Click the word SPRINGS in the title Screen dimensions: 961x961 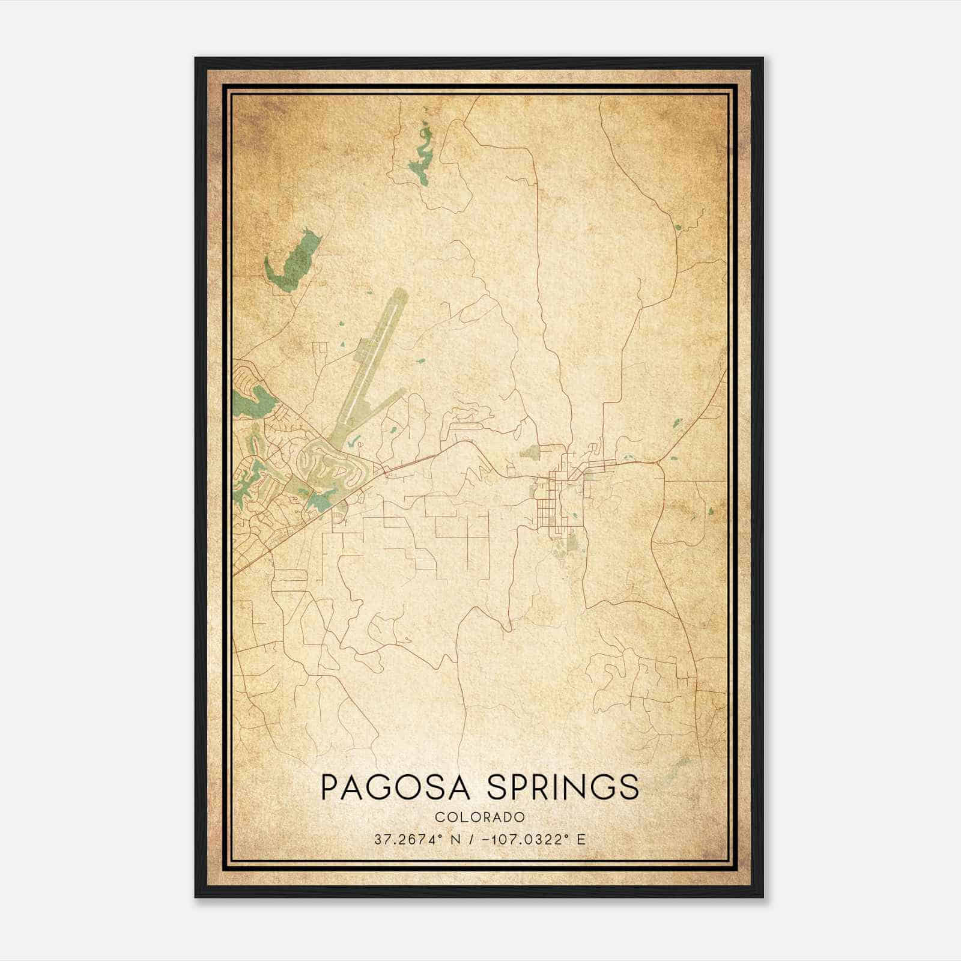tap(563, 787)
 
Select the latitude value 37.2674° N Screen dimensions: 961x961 tap(417, 840)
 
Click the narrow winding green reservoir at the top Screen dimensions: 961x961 tap(422, 153)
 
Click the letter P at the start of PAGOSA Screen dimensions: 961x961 tap(330, 787)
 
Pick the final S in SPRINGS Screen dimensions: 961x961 tap(628, 787)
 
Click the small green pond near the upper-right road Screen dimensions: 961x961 tap(678, 227)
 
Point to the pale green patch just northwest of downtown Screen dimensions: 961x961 tap(529, 452)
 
